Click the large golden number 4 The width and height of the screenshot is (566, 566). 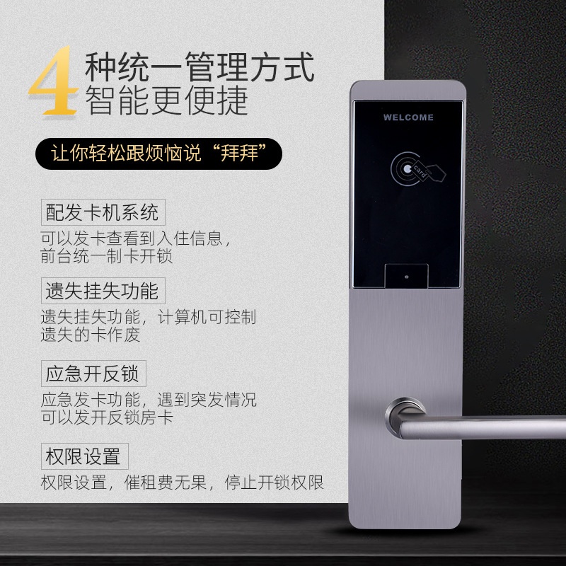[54, 83]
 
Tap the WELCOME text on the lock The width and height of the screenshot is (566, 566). [408, 117]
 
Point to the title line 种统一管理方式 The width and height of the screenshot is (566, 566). [199, 69]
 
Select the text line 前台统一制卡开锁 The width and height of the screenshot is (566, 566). [107, 256]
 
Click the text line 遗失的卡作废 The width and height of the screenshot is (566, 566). [91, 335]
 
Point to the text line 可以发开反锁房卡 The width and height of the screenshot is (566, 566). [107, 417]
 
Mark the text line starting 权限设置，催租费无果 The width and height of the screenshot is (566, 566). [182, 484]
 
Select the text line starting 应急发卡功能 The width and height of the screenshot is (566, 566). [148, 398]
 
